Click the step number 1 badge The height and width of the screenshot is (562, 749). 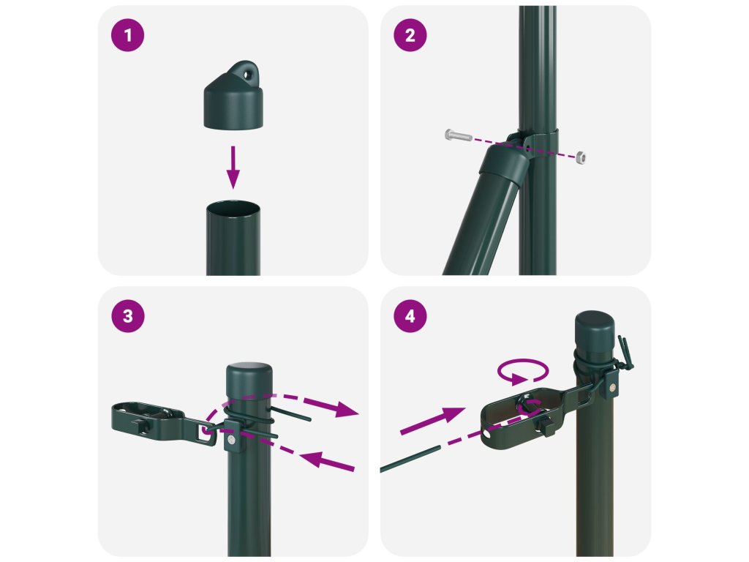tap(127, 35)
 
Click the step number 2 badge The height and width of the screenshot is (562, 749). tap(410, 35)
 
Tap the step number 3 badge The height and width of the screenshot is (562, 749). tap(127, 316)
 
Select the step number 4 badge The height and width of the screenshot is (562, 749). tap(410, 316)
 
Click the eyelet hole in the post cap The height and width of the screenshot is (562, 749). tap(247, 74)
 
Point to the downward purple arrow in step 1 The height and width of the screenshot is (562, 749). tap(233, 168)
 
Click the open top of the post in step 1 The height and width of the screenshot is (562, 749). tap(233, 209)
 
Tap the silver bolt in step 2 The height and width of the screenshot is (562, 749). tap(458, 135)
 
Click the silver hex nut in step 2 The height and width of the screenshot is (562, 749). tap(580, 157)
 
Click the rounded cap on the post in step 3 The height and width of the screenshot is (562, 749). tap(249, 374)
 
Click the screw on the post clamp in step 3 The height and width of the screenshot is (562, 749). tap(232, 439)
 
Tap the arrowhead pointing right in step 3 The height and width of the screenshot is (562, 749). tap(346, 410)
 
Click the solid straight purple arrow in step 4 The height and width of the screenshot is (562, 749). tap(432, 421)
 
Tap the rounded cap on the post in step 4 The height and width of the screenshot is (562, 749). tap(595, 326)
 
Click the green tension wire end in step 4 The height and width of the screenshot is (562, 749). tap(410, 459)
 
